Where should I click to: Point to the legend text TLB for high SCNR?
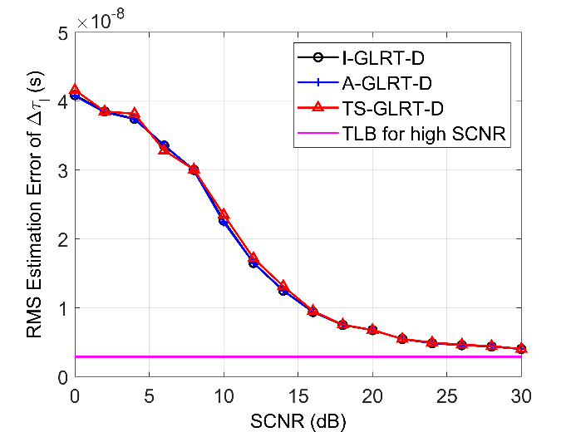point(424,132)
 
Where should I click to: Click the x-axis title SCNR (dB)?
point(298,420)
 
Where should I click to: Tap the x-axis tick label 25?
point(447,392)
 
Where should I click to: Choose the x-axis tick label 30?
point(521,392)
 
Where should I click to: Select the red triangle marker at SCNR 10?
point(224,215)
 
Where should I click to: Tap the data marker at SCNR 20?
point(372,330)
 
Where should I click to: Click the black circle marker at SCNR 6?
point(165,145)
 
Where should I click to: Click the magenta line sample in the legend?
point(315,132)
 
